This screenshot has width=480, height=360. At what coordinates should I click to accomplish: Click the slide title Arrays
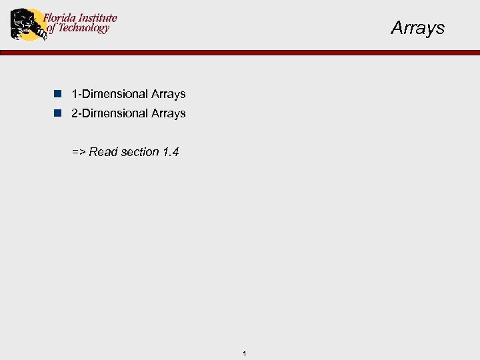click(x=417, y=28)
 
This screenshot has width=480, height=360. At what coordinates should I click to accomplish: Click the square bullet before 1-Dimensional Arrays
click(x=59, y=94)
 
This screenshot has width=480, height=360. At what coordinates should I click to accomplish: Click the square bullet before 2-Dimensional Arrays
click(x=59, y=113)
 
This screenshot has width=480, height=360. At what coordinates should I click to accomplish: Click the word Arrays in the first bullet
click(x=168, y=94)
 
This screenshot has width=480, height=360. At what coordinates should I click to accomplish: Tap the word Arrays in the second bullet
click(x=168, y=113)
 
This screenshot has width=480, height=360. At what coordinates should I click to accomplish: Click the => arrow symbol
click(x=79, y=152)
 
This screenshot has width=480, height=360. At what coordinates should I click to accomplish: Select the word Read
click(x=103, y=152)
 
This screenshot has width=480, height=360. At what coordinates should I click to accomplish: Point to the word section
click(x=140, y=152)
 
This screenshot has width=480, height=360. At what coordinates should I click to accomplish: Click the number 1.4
click(x=171, y=152)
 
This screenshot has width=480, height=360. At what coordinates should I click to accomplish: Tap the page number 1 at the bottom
click(x=245, y=353)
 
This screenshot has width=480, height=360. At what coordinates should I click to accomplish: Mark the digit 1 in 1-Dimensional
click(x=75, y=94)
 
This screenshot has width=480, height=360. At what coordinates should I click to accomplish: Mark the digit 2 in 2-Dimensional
click(x=75, y=113)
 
